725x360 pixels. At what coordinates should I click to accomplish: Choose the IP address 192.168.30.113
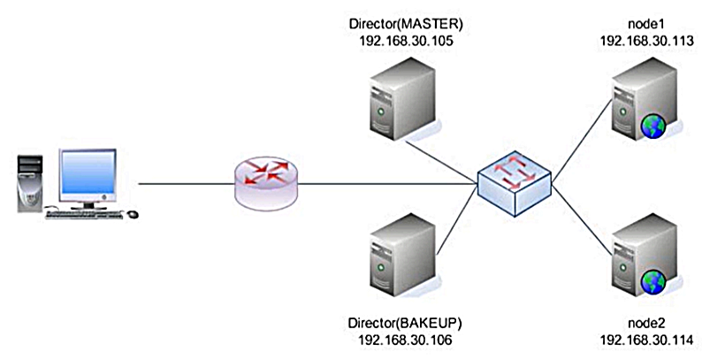[x=645, y=41]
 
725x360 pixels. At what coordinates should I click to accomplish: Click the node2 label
[x=645, y=323]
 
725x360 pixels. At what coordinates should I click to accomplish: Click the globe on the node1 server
[x=654, y=127]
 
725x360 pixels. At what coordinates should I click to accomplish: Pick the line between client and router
[x=186, y=184]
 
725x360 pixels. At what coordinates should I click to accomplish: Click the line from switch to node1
[x=579, y=134]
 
